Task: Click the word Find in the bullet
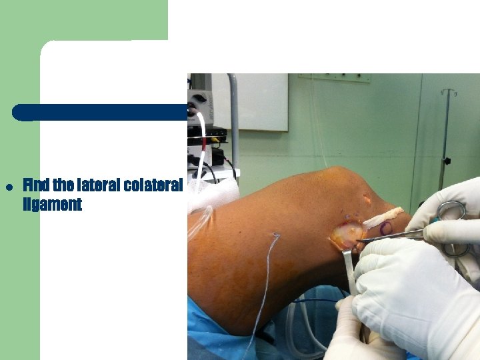click(x=35, y=184)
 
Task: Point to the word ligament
click(x=52, y=205)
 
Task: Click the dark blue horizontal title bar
click(x=100, y=112)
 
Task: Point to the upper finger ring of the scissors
click(x=451, y=211)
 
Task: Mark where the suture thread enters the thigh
click(x=275, y=235)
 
